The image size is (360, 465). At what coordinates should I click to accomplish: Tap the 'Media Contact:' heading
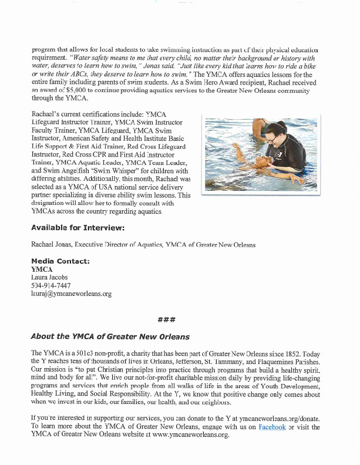(x=59, y=261)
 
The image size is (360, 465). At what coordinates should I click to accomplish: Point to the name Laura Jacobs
(x=51, y=277)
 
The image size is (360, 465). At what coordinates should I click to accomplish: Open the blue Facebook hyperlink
(x=271, y=427)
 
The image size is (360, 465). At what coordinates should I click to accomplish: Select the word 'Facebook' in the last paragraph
(x=271, y=427)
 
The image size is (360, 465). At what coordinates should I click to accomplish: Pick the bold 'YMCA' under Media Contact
(x=42, y=269)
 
